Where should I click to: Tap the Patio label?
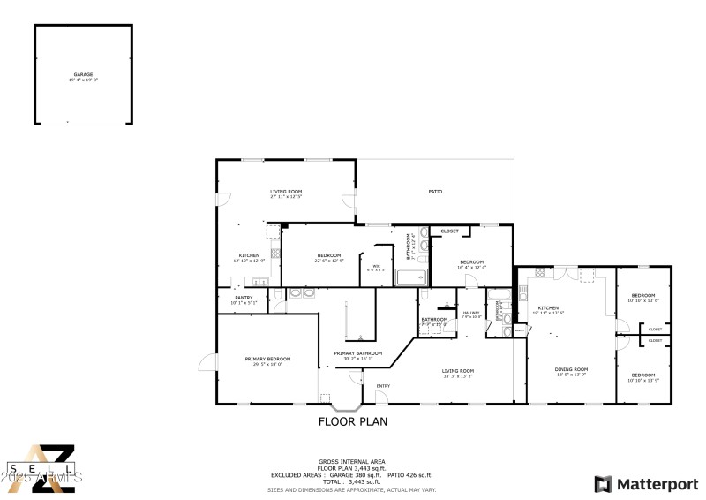pos(435,191)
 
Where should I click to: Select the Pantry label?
pos(244,298)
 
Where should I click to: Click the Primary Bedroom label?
pos(267,359)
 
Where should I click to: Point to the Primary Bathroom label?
pos(358,353)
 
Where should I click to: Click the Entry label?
pos(383,386)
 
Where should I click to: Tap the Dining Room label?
pos(570,369)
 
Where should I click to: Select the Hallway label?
pos(471,313)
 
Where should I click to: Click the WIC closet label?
pos(376,266)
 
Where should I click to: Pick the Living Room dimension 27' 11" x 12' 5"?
pos(286,196)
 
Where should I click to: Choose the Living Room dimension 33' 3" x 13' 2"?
pos(458,376)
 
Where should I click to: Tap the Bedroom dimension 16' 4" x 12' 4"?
pos(471,267)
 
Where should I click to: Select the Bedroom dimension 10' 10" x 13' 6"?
pos(642,301)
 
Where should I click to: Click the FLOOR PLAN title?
pos(352,422)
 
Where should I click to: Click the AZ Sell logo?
pos(41,468)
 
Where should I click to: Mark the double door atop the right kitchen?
pos(559,269)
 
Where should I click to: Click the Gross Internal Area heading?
pos(353,462)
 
